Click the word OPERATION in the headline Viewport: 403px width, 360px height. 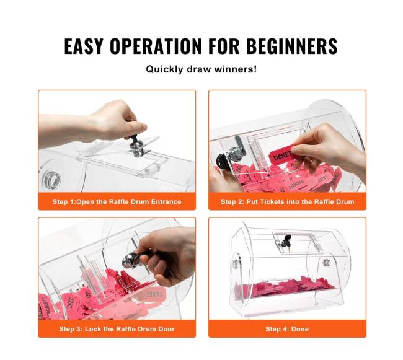pos(156,46)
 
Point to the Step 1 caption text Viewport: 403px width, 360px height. pos(117,201)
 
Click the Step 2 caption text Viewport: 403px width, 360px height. pos(287,201)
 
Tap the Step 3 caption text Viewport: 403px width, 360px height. pos(117,329)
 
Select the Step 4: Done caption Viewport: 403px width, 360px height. pos(287,329)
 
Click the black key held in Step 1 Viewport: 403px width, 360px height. pos(132,139)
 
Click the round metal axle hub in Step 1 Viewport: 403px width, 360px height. pos(51,178)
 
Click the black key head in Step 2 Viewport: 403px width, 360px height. pos(222,162)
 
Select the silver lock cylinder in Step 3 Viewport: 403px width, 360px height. pos(130,260)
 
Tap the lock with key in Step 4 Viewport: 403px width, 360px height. pos(284,242)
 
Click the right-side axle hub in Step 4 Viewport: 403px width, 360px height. pos(326,263)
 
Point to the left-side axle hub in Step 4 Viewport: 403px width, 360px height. pos(236,263)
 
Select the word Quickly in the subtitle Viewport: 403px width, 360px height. pos(164,69)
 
